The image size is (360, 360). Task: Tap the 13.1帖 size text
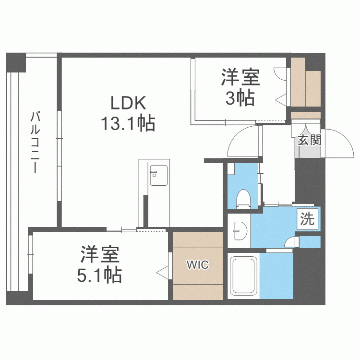(128, 124)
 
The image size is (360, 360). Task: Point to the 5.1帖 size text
(100, 275)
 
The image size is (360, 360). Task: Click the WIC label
(198, 265)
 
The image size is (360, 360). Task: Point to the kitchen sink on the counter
(158, 175)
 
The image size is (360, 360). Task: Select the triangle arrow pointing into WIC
(163, 272)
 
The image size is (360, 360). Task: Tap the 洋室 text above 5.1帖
(100, 254)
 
